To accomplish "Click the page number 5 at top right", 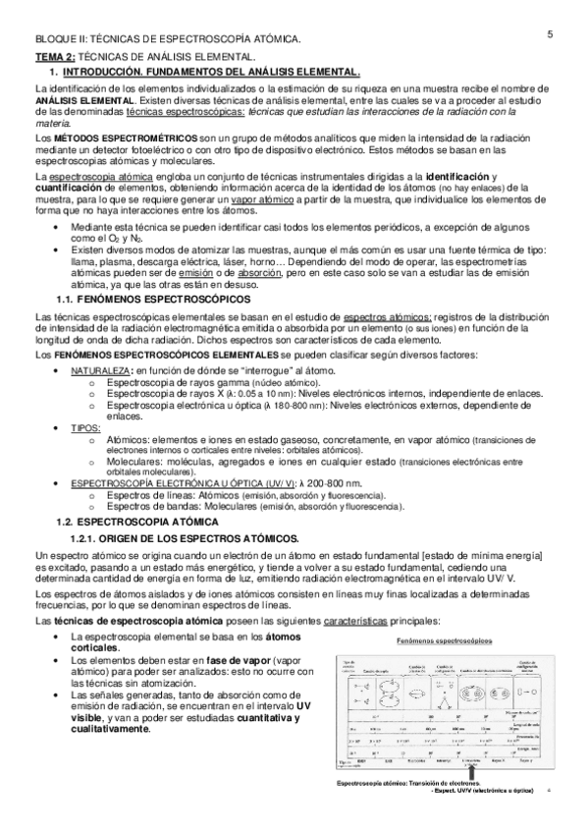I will pos(551,34).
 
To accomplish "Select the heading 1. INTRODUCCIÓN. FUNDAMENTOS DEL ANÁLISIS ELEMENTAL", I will pos(212,73).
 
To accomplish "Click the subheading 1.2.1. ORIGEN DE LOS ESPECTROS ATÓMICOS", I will pos(201,538).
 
